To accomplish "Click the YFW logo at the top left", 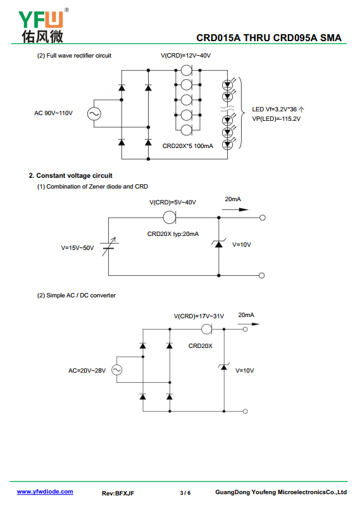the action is (x=43, y=25).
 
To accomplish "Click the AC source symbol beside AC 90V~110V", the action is (x=94, y=114).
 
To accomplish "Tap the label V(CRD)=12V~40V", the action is (x=185, y=56).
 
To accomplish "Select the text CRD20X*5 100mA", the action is (x=188, y=146).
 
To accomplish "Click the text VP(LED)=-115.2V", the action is (x=276, y=119).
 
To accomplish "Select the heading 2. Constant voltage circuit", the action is (x=71, y=176).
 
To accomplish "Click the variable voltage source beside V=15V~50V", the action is (x=109, y=247).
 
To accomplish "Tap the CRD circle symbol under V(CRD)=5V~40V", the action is (x=170, y=217).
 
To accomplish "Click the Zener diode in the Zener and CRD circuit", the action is (x=219, y=243).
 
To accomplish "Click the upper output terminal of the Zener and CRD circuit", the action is (x=263, y=218).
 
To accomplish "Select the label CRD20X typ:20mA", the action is (x=173, y=234).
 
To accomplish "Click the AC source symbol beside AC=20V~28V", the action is (x=117, y=370).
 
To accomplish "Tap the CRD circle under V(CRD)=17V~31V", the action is (x=207, y=329).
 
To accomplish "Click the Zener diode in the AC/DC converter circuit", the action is (x=224, y=366).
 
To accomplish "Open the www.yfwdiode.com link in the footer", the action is (x=45, y=492).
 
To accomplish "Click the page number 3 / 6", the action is (x=185, y=493).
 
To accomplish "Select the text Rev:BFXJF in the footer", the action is (x=118, y=493).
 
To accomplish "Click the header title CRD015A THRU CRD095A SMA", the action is (x=269, y=38).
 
